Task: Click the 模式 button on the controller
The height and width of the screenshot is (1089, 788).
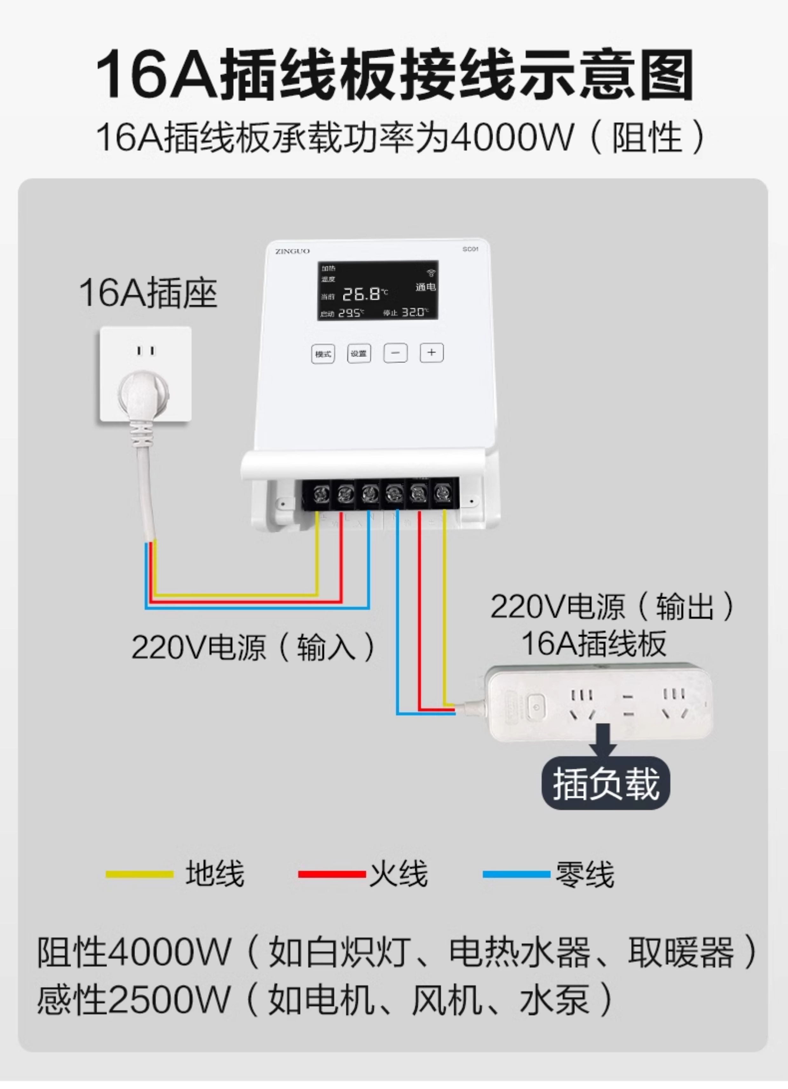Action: pyautogui.click(x=323, y=354)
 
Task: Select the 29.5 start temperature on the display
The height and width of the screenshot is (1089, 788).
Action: pyautogui.click(x=350, y=313)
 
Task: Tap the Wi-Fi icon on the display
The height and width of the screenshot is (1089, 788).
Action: pyautogui.click(x=431, y=273)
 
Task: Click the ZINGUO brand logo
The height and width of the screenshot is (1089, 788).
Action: pyautogui.click(x=292, y=251)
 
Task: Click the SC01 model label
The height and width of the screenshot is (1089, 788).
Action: pyautogui.click(x=470, y=249)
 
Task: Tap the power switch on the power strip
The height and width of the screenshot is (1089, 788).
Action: pyautogui.click(x=536, y=707)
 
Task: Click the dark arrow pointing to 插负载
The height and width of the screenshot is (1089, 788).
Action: pyautogui.click(x=606, y=741)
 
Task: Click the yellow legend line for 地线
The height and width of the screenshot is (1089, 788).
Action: pyautogui.click(x=139, y=874)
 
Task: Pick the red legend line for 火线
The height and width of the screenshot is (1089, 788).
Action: pyautogui.click(x=332, y=874)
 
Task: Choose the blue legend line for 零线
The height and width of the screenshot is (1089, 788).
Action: pyautogui.click(x=516, y=874)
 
